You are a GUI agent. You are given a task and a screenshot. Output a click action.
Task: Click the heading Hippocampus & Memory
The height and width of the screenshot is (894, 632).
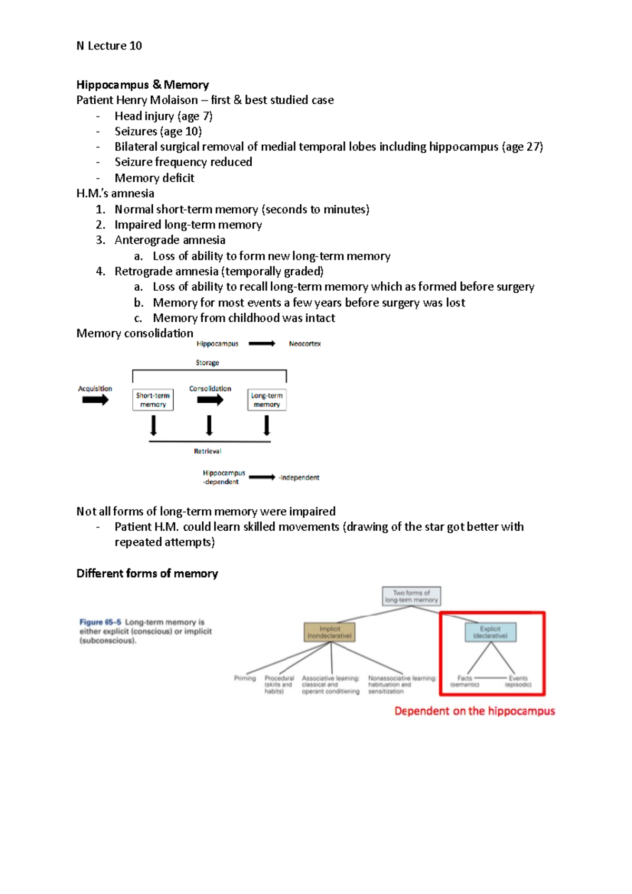click(142, 85)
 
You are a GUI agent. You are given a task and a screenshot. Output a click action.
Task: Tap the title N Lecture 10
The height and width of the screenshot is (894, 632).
click(109, 46)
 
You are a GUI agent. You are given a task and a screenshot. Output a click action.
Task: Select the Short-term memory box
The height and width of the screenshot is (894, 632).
click(153, 400)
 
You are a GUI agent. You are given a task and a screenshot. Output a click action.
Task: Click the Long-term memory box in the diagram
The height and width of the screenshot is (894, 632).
click(266, 400)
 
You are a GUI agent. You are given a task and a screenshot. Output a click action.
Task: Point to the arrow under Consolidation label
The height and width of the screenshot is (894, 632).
click(210, 400)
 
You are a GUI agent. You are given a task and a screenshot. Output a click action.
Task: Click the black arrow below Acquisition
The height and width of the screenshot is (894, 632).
click(95, 400)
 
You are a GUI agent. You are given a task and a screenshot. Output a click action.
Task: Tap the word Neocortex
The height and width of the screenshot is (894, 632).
click(304, 344)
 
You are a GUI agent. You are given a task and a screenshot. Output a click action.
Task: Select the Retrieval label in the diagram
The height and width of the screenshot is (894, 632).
click(208, 451)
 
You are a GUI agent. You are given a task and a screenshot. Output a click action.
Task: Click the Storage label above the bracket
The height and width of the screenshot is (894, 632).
click(208, 363)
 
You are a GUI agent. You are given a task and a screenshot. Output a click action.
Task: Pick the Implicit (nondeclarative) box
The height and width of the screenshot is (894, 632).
click(330, 632)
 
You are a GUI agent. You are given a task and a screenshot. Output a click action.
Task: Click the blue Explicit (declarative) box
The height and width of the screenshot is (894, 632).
click(490, 632)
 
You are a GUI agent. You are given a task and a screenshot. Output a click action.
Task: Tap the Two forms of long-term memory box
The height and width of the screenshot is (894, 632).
click(411, 596)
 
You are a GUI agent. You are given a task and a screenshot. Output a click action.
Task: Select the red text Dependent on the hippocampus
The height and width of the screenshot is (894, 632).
click(475, 711)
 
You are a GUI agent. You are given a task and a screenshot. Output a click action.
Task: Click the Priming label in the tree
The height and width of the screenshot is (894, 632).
click(245, 678)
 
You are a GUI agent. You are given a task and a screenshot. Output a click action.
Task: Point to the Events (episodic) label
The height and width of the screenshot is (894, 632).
click(518, 681)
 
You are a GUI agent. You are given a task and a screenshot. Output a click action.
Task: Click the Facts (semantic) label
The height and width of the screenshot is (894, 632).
click(465, 681)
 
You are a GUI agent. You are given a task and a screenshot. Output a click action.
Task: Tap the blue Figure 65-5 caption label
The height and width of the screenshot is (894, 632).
click(100, 622)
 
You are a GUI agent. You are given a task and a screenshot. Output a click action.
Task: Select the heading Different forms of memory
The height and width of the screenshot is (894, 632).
click(147, 573)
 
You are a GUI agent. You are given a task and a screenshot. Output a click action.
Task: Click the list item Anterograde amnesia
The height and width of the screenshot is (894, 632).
click(170, 240)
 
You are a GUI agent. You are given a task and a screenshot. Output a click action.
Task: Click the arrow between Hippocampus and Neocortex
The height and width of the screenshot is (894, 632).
click(262, 344)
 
